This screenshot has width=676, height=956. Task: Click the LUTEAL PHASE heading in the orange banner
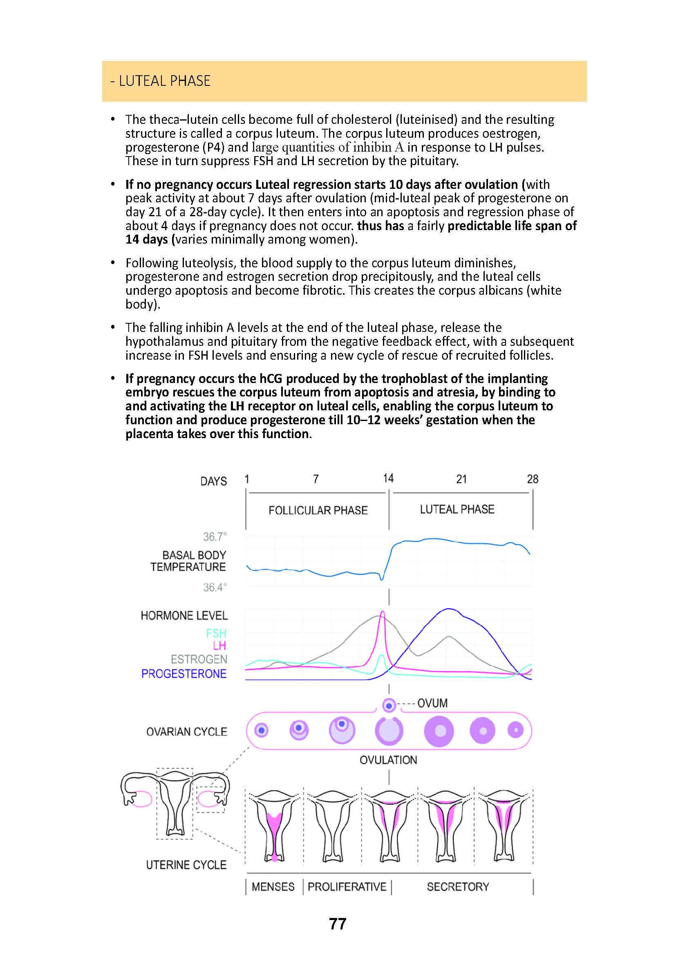[x=161, y=81]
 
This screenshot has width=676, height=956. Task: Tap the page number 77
[x=338, y=924]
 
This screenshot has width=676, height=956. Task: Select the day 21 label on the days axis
[x=461, y=479]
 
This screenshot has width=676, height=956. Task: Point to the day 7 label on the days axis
[x=316, y=479]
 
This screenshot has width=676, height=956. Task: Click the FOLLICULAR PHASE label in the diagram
[x=318, y=510]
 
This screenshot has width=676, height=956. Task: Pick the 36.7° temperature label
[x=215, y=537]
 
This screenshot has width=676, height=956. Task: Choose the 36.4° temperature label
[x=215, y=587]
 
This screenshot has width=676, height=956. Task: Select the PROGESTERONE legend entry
[x=184, y=674]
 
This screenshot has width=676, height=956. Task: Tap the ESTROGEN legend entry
[x=199, y=660]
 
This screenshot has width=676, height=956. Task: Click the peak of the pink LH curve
[x=383, y=612]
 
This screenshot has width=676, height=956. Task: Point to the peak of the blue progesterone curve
[x=449, y=609]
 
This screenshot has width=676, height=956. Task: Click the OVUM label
[x=432, y=703]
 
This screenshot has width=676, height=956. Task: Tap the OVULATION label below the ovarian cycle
[x=388, y=760]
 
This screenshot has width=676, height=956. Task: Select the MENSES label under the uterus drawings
[x=273, y=887]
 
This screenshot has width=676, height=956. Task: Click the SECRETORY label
[x=458, y=887]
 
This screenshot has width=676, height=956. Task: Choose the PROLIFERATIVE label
[x=347, y=887]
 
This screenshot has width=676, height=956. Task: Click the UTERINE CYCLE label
[x=186, y=865]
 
